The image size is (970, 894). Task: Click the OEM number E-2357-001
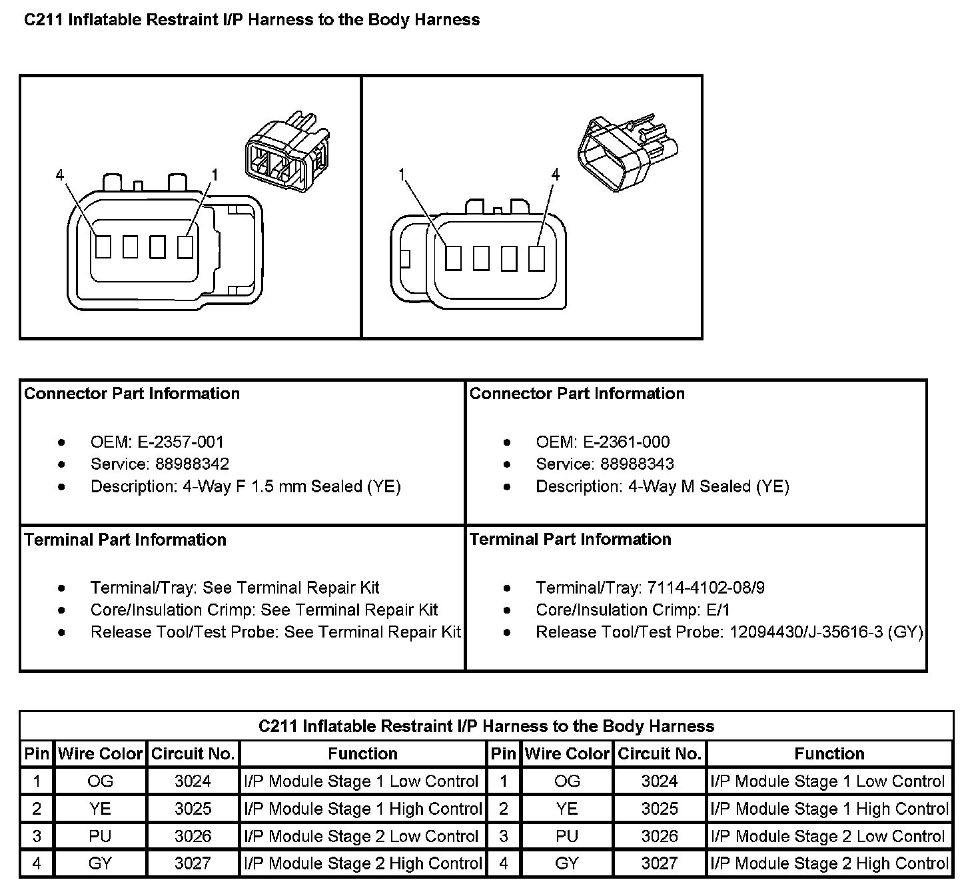point(181,442)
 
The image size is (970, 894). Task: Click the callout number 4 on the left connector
point(61,175)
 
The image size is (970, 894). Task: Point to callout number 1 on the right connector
point(402,175)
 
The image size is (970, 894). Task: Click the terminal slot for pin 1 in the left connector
point(185,246)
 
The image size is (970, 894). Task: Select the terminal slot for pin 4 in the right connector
point(536,258)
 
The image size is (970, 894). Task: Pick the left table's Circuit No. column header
point(193,753)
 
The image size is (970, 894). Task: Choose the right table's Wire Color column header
point(567,753)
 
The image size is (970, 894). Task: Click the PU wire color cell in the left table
point(100,836)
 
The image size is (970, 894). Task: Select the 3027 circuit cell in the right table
point(659,863)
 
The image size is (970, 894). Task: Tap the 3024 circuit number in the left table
point(193,781)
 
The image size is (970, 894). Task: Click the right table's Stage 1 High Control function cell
point(829,809)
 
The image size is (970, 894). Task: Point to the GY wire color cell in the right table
point(567,863)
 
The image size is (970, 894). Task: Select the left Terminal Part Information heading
point(125,539)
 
